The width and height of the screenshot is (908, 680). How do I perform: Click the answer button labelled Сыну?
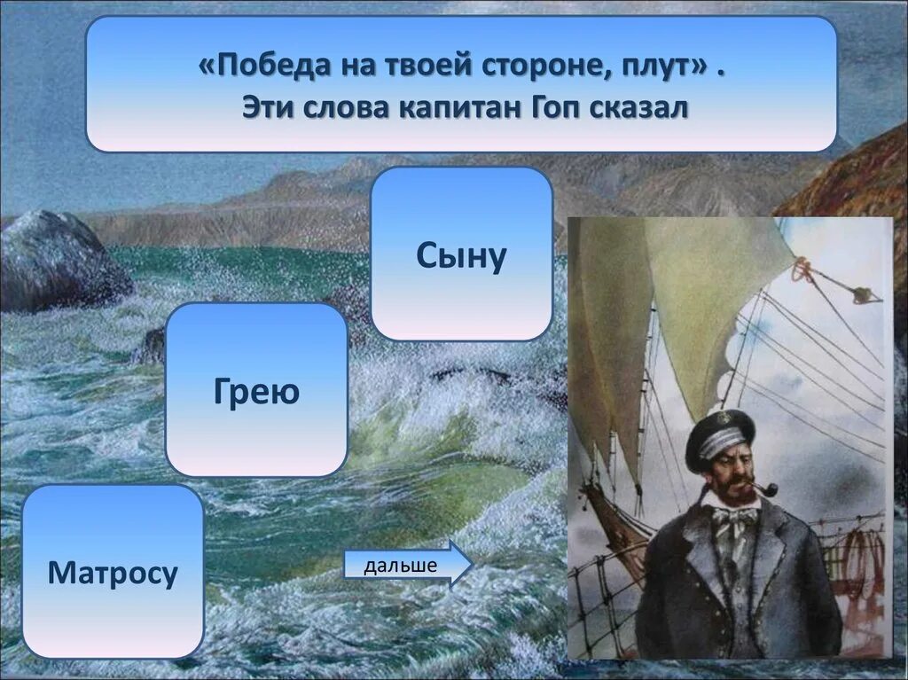click(x=461, y=255)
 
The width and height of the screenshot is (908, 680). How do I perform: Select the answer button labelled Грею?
click(x=256, y=390)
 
